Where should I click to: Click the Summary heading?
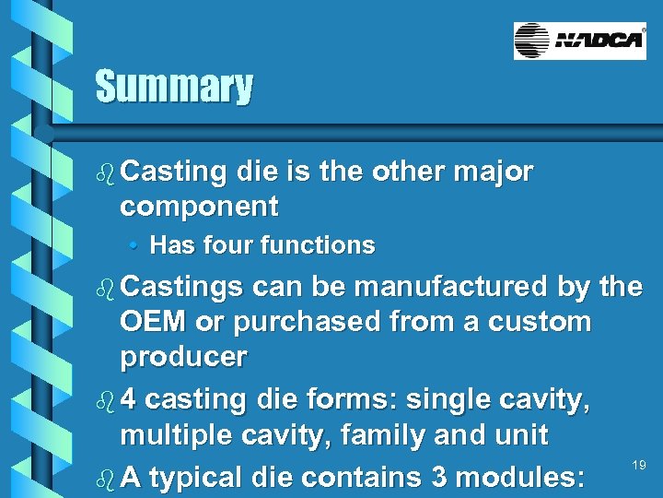click(x=173, y=88)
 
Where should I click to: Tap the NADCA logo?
click(x=579, y=41)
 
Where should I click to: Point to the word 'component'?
click(x=199, y=207)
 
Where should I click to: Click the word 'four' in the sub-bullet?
click(x=227, y=245)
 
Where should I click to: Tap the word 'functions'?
click(x=318, y=245)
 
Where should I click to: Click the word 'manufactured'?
click(x=451, y=287)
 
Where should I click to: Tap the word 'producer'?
click(x=183, y=358)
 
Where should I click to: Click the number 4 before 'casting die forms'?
click(x=129, y=400)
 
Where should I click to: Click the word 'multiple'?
click(x=174, y=434)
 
